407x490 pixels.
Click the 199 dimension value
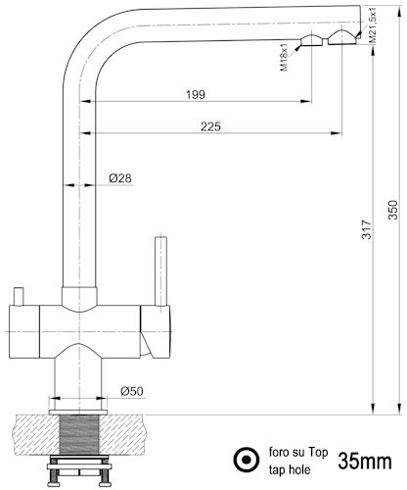[196, 95]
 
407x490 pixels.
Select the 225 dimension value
[210, 126]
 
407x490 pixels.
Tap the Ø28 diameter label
[120, 178]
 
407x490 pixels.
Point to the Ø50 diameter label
[132, 391]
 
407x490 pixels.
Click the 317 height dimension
[367, 229]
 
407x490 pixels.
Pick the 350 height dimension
[393, 210]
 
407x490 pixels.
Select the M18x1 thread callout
[284, 57]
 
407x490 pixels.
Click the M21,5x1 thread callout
[373, 24]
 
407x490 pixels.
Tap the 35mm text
[365, 461]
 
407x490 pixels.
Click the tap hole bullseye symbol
[247, 460]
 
